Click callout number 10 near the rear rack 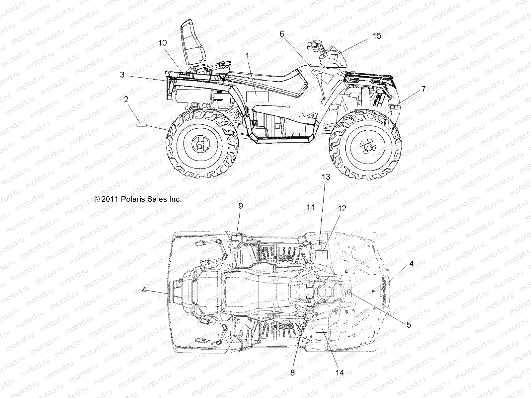click(163, 43)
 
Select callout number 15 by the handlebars click(377, 36)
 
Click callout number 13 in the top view click(326, 177)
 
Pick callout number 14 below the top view click(340, 372)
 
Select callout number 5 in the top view click(409, 324)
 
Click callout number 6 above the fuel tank click(282, 33)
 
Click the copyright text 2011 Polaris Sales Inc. click(137, 199)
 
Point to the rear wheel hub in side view click(201, 143)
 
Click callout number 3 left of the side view click(122, 75)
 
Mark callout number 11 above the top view click(310, 208)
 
